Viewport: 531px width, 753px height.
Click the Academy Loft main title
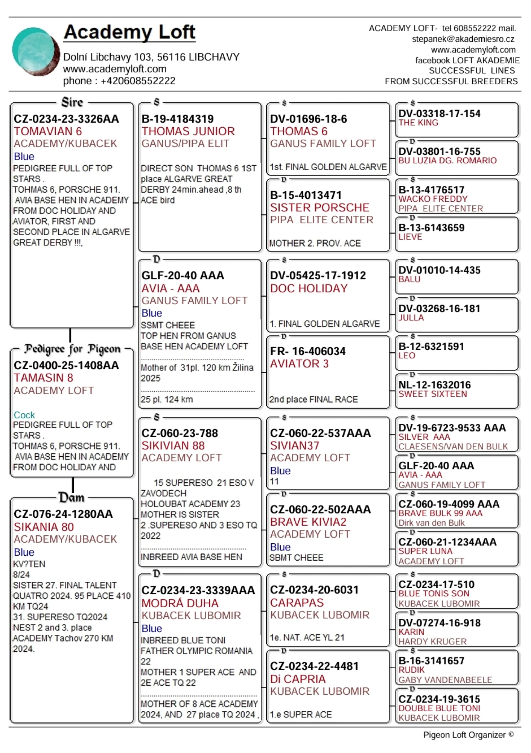point(129,32)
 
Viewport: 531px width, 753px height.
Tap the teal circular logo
point(35,52)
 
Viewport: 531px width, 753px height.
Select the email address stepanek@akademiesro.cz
point(463,39)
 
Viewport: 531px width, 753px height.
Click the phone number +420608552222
point(138,81)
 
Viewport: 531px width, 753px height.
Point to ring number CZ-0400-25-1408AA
point(66,365)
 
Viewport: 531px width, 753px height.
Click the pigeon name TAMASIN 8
point(44,378)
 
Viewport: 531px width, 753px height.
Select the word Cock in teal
point(24,415)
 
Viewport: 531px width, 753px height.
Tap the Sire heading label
point(72,102)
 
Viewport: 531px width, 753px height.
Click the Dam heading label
point(71,497)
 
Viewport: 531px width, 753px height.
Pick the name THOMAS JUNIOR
point(188,131)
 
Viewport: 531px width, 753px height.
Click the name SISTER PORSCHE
point(320,207)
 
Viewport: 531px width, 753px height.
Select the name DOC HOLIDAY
point(309,288)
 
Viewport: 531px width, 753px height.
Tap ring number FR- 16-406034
point(307,351)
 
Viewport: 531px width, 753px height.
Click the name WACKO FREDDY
point(433,199)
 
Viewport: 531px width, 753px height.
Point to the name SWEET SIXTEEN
point(432,394)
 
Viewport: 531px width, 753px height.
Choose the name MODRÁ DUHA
point(180,603)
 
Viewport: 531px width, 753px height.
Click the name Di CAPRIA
point(297,679)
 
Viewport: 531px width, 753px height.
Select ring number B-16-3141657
point(431,661)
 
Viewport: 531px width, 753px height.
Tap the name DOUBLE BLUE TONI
point(439,708)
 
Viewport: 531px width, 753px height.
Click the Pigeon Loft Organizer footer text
point(468,735)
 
